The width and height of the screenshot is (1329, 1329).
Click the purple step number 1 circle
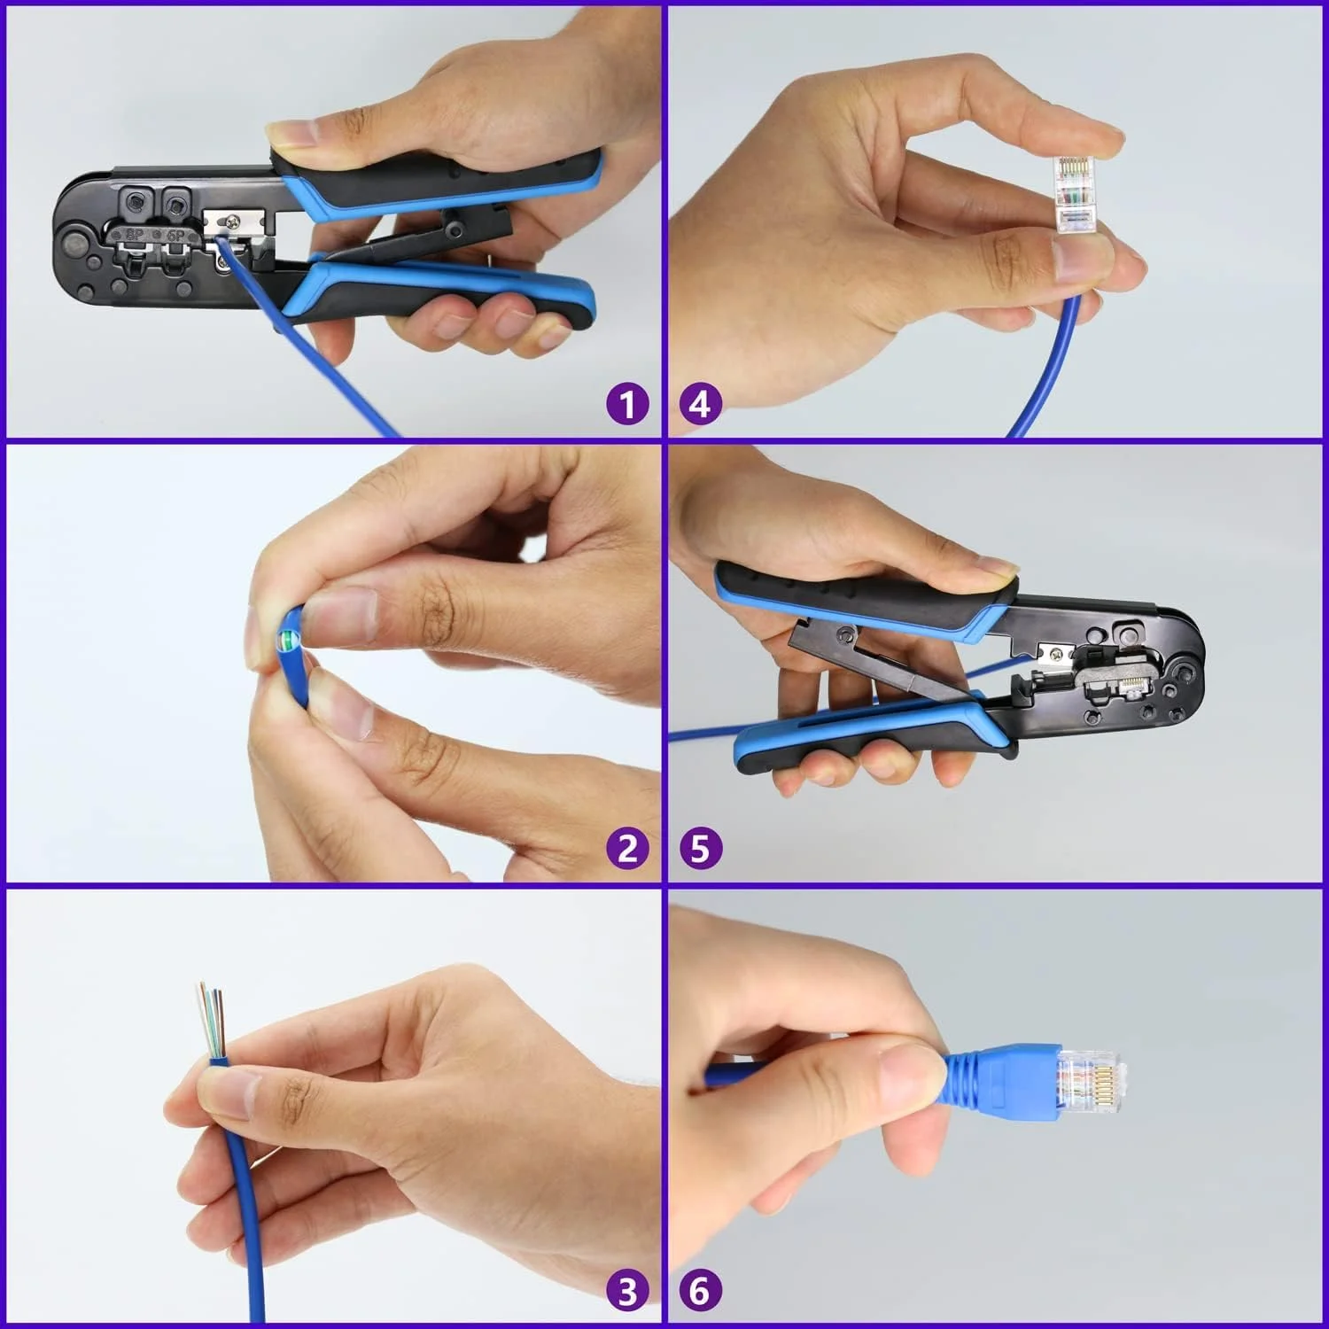pyautogui.click(x=628, y=405)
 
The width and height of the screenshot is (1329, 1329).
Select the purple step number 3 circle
pyautogui.click(x=628, y=1291)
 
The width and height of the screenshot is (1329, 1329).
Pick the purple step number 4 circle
pyautogui.click(x=700, y=405)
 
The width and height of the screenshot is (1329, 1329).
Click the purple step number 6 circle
pyautogui.click(x=700, y=1291)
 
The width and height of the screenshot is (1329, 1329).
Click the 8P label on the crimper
pyautogui.click(x=135, y=236)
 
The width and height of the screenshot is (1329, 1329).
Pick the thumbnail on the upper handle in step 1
pyautogui.click(x=294, y=134)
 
